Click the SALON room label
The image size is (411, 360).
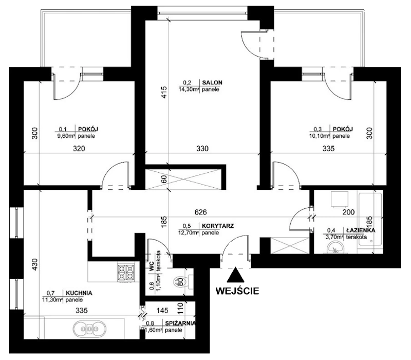[x=212, y=82]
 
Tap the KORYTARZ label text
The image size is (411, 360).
[x=217, y=226]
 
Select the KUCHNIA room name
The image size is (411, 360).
[x=79, y=293]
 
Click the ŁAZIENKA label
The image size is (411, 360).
[x=361, y=230]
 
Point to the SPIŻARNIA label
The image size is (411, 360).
[x=180, y=323]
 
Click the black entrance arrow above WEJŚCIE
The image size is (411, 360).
[x=236, y=275]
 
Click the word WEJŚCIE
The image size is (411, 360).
[x=237, y=291]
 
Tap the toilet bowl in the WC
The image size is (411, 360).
[x=180, y=282]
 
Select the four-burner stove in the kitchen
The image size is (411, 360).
[x=126, y=273]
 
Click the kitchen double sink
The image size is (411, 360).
[x=89, y=329]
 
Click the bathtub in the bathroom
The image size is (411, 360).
[x=370, y=220]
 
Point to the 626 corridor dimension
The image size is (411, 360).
[x=200, y=212]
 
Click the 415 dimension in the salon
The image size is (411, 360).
[x=163, y=92]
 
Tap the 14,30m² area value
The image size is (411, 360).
[x=189, y=89]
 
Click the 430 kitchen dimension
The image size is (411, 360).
[x=34, y=265]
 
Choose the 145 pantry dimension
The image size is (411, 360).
[x=162, y=311]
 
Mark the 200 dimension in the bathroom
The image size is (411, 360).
[x=349, y=212]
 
